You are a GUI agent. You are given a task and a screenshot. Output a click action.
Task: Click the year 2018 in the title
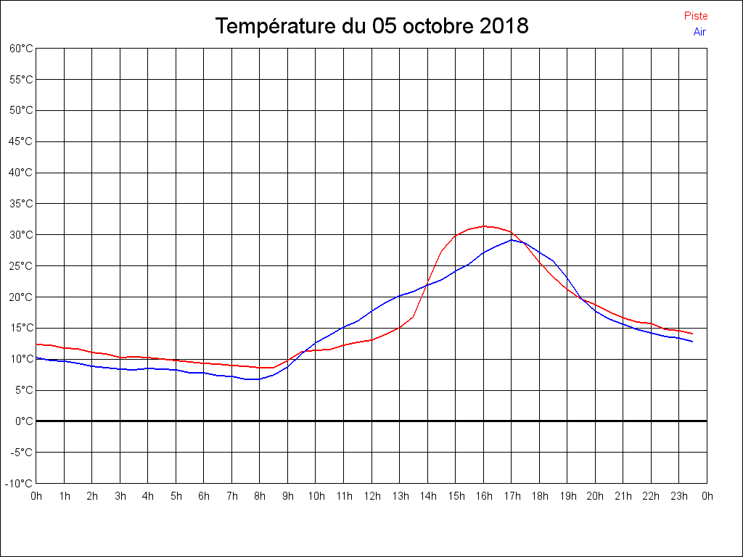pyautogui.click(x=504, y=27)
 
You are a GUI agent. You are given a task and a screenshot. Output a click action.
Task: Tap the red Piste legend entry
pyautogui.click(x=695, y=16)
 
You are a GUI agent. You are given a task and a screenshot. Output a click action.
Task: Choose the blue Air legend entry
pyautogui.click(x=699, y=32)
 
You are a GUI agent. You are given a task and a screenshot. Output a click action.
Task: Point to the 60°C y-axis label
pyautogui.click(x=21, y=49)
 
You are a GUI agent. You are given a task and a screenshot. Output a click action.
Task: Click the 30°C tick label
pyautogui.click(x=21, y=235)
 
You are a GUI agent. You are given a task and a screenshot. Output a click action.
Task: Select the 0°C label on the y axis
pyautogui.click(x=24, y=421)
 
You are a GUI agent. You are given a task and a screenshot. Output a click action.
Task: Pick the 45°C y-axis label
pyautogui.click(x=21, y=141)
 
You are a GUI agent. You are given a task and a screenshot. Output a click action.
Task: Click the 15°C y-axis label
pyautogui.click(x=21, y=328)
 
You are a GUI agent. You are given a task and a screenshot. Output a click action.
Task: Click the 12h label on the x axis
pyautogui.click(x=371, y=497)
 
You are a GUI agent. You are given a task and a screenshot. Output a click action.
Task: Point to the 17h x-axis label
pyautogui.click(x=512, y=497)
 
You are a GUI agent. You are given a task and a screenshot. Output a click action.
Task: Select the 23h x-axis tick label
pyautogui.click(x=679, y=497)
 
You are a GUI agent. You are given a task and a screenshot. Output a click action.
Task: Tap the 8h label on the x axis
pyautogui.click(x=260, y=497)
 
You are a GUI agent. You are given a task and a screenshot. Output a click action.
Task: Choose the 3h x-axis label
pyautogui.click(x=120, y=497)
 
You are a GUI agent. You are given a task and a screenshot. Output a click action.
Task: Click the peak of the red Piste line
pyautogui.click(x=485, y=226)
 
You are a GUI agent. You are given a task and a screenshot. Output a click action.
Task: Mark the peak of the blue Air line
pyautogui.click(x=512, y=239)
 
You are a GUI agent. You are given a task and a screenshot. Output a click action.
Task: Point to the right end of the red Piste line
pyautogui.click(x=693, y=334)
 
